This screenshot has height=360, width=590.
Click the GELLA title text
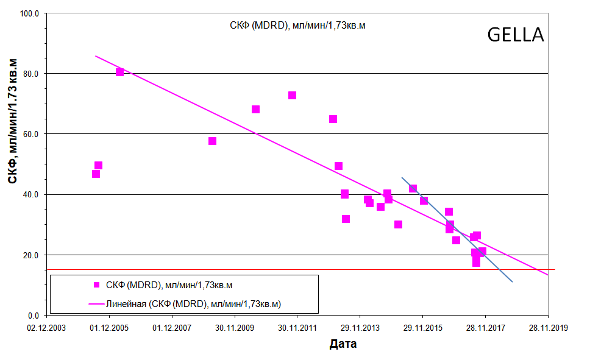coord(515,35)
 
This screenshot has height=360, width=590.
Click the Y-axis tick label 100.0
coord(29,13)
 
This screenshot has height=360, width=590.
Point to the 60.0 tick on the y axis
coord(30,134)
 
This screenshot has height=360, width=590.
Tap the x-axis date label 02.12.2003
coord(48,328)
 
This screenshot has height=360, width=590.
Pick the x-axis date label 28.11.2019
coord(547,328)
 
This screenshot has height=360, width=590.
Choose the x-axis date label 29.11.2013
coord(360,328)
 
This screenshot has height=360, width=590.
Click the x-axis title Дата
coord(343,344)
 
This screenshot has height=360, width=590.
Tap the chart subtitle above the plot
coord(297,26)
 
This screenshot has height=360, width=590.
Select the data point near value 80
coord(120,72)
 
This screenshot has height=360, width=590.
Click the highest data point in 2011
coord(292,95)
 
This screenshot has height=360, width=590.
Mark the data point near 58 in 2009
coord(212,141)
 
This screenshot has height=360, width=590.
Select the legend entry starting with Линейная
coord(197,303)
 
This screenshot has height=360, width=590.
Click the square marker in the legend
coord(96,284)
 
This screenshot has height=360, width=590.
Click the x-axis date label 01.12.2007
coord(172,328)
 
